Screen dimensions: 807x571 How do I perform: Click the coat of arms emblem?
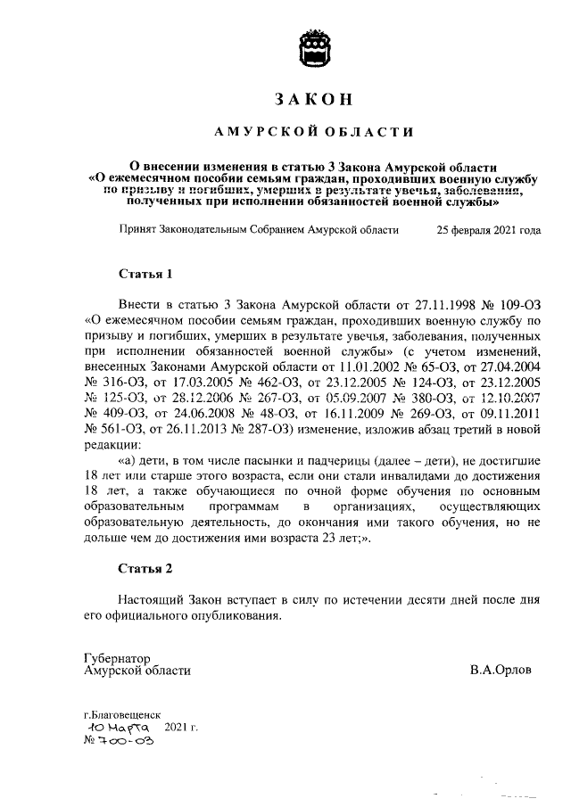(315, 44)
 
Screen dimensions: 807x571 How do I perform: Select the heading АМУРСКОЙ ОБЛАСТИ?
(315, 133)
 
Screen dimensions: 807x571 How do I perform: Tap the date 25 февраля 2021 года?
(488, 230)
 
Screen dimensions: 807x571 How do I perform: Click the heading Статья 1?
(145, 273)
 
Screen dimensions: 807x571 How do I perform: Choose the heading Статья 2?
(145, 567)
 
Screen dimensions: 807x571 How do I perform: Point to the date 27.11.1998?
(425, 305)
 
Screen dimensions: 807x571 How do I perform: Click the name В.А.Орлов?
(501, 670)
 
